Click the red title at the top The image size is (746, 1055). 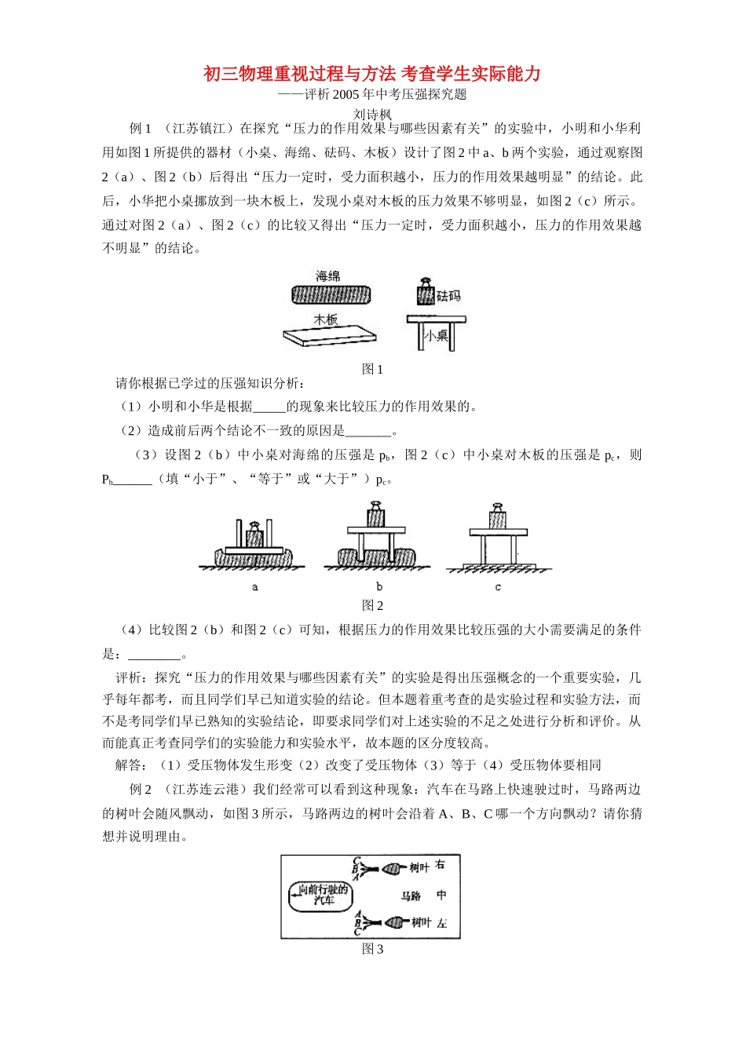click(x=372, y=74)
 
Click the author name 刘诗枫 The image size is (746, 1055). click(x=372, y=115)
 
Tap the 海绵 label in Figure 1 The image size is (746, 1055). click(x=327, y=276)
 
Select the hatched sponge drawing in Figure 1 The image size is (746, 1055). click(x=331, y=294)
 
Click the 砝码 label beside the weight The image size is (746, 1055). click(x=448, y=296)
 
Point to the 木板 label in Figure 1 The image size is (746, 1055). click(x=326, y=319)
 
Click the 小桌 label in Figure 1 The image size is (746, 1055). click(x=436, y=335)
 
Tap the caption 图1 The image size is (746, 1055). click(x=372, y=369)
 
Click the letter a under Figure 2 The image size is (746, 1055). click(x=255, y=586)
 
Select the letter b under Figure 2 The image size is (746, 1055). click(x=379, y=586)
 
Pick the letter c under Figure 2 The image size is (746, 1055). click(x=498, y=586)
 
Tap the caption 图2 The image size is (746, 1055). click(x=372, y=605)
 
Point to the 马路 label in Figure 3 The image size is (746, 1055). click(x=411, y=896)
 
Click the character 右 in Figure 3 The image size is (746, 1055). click(x=440, y=865)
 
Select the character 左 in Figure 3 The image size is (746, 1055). click(x=441, y=923)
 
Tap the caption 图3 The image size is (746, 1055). click(x=372, y=949)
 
